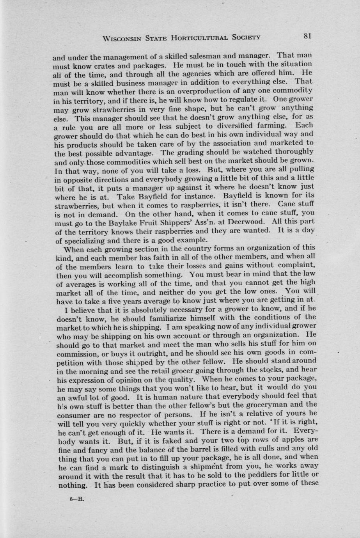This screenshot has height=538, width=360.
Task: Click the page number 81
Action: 307,36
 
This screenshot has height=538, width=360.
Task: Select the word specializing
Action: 84,241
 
